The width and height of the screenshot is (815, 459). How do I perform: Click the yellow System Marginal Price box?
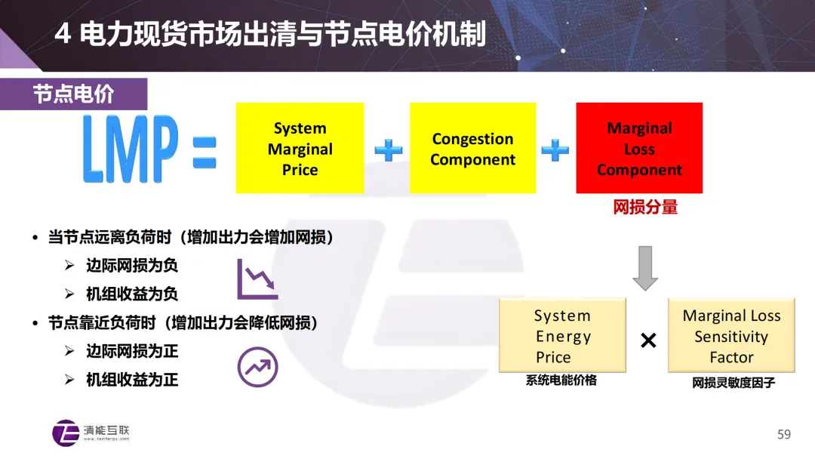click(300, 149)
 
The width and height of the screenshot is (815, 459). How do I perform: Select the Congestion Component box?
click(472, 149)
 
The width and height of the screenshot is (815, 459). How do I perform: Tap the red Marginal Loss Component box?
click(639, 149)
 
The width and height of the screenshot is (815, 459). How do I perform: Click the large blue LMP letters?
click(131, 149)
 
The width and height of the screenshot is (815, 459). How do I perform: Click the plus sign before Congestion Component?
click(389, 149)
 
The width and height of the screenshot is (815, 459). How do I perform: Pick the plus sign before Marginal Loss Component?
click(555, 149)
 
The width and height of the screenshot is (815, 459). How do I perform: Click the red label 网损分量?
click(645, 207)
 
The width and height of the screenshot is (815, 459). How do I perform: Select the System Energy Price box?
click(562, 335)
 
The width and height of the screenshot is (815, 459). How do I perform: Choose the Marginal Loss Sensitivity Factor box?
click(731, 335)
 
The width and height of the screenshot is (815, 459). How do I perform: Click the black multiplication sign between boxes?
click(647, 340)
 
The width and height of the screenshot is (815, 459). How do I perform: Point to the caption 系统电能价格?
click(561, 380)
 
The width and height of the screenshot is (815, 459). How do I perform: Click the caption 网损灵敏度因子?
click(733, 383)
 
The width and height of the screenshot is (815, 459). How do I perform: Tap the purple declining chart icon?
click(257, 279)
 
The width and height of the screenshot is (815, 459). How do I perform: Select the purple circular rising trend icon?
click(258, 367)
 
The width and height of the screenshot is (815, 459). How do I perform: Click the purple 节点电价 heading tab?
click(73, 94)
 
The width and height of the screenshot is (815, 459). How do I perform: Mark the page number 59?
click(783, 434)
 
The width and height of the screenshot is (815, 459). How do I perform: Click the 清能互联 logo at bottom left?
click(91, 433)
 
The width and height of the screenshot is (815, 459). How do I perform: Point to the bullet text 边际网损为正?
click(132, 352)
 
